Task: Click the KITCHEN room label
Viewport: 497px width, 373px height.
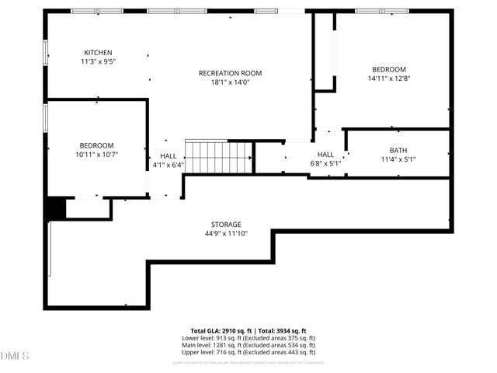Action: pos(98,52)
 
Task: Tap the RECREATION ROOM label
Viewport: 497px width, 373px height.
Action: pos(230,73)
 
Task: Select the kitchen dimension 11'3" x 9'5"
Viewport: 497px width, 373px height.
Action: pos(98,61)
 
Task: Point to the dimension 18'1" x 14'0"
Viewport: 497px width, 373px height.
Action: pos(230,82)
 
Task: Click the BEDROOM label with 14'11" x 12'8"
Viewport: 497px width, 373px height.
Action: pos(388,69)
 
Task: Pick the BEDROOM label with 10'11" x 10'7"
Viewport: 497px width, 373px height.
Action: pos(96,145)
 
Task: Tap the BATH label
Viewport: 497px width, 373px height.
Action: pos(398,150)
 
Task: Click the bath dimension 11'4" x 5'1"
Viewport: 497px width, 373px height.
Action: pos(398,159)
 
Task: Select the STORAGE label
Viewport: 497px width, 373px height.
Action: pos(226,224)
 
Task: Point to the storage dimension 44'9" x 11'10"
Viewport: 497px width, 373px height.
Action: pos(226,233)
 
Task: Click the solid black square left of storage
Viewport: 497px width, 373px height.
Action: pos(55,209)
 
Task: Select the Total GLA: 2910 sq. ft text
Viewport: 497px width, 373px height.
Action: pos(219,331)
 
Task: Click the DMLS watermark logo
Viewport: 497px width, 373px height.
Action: pos(15,356)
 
